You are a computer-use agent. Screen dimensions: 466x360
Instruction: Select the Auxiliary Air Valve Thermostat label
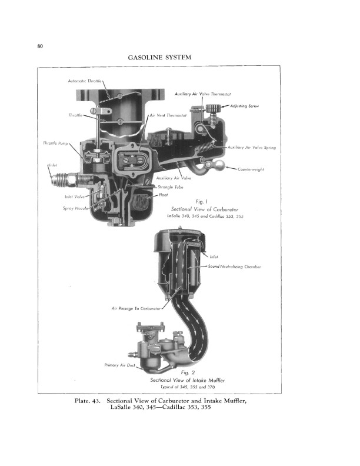coord(206,94)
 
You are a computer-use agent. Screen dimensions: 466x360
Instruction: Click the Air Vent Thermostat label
coord(168,115)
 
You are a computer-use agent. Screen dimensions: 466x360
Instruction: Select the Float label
coord(164,194)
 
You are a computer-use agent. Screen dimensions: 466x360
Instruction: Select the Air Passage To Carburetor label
coord(136,308)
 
